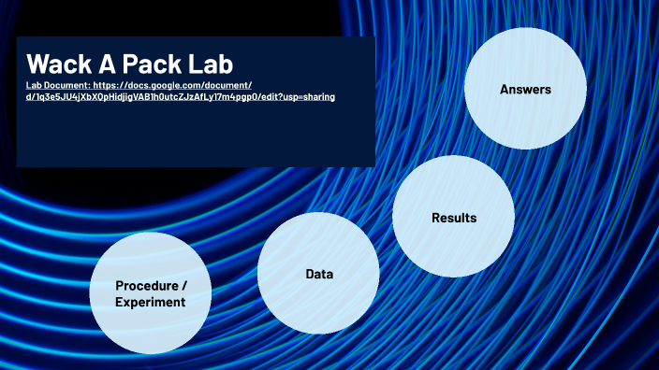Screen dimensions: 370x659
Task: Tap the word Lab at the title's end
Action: [x=209, y=64]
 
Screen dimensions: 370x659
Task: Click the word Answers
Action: [x=525, y=90]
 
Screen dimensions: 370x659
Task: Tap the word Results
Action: [x=454, y=218]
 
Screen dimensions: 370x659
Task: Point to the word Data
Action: [x=319, y=274]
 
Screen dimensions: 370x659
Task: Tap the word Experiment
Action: [x=150, y=302]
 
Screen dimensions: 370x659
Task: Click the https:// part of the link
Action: [x=108, y=85]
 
